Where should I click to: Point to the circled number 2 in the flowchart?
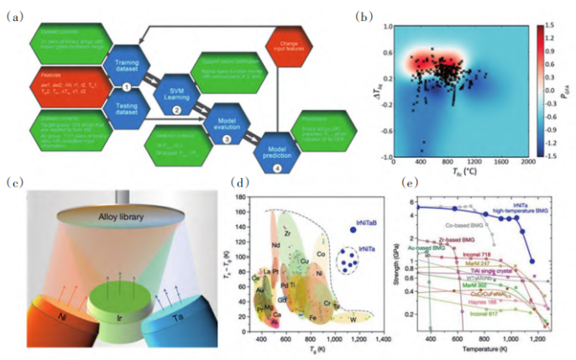(x=176, y=110)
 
